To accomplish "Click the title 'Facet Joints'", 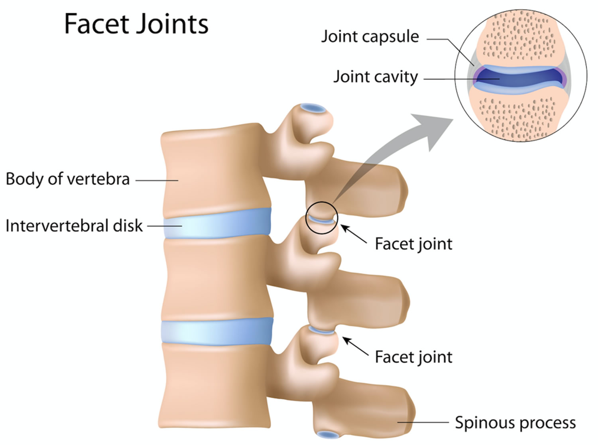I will pos(136,24).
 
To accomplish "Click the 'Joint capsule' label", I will pos(370,36).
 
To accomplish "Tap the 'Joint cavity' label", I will pos(376,77).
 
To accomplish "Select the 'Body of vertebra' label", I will pos(68,179).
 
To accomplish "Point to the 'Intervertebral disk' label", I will pos(74,226).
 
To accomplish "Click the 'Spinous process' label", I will pos(515,422).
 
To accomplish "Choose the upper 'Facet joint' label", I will pos(413,244).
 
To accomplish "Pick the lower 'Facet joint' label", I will pos(413,357).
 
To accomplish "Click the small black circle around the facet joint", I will pos(322,218).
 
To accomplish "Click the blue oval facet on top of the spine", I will pos(313,108).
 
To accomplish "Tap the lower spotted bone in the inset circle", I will pos(519,114).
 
